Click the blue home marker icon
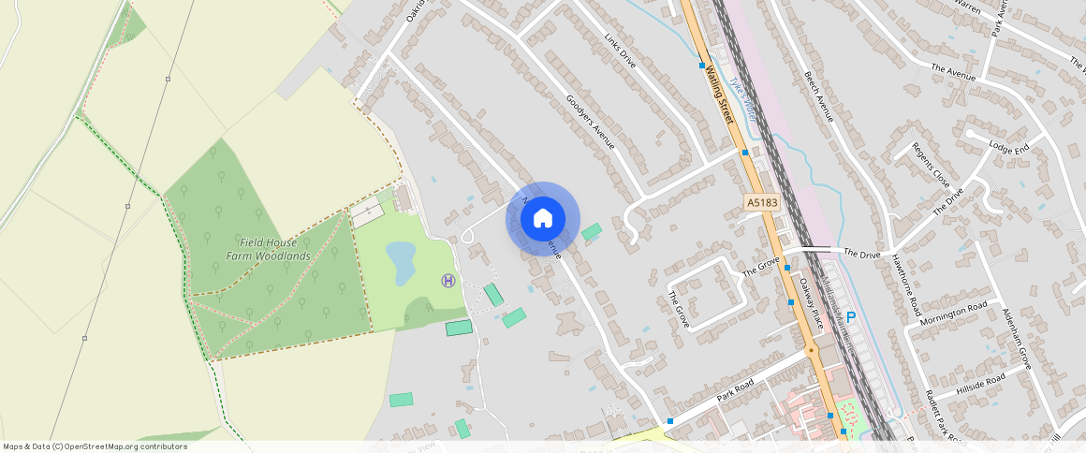542,219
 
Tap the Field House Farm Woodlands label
268,248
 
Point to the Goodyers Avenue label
591,123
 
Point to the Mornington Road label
953,314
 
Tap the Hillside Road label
980,383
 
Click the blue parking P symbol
851,318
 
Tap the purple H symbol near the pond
448,280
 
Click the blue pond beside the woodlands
401,262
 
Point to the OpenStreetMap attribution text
95,446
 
